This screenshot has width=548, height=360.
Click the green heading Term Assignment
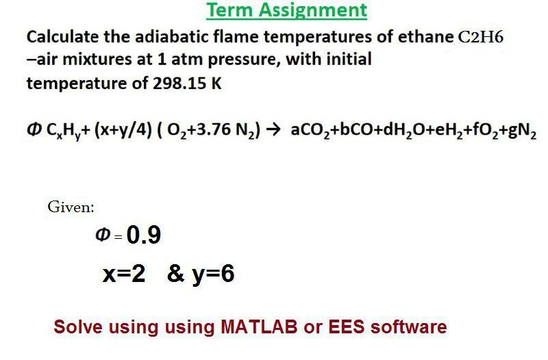point(286,10)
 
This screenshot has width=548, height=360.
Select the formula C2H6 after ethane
point(481,37)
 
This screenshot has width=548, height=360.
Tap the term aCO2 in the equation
point(307,131)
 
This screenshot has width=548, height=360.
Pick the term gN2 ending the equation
point(522,131)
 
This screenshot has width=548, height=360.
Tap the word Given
point(71,206)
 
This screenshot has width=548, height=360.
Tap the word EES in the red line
point(349,326)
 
